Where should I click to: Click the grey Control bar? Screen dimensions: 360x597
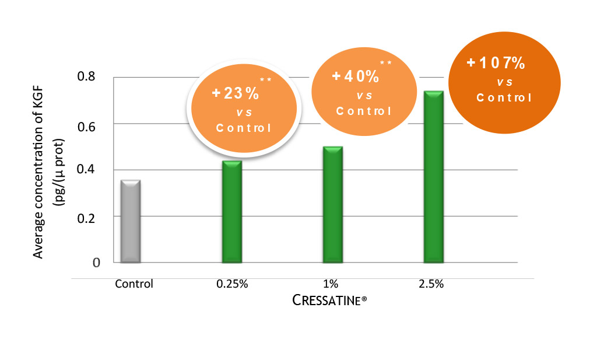point(129,222)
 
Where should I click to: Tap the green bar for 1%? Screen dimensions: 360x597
point(332,204)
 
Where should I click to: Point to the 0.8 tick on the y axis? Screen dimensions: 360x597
point(86,76)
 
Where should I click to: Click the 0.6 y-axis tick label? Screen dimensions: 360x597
point(86,124)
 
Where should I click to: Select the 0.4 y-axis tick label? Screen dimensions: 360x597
point(86,170)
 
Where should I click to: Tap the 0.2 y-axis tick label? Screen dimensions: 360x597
point(86,217)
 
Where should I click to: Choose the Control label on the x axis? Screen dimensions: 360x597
point(134,284)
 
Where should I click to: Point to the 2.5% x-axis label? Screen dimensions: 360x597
point(431,284)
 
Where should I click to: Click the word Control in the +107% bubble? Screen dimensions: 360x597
point(504,97)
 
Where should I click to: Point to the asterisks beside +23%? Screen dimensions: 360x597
point(266,79)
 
